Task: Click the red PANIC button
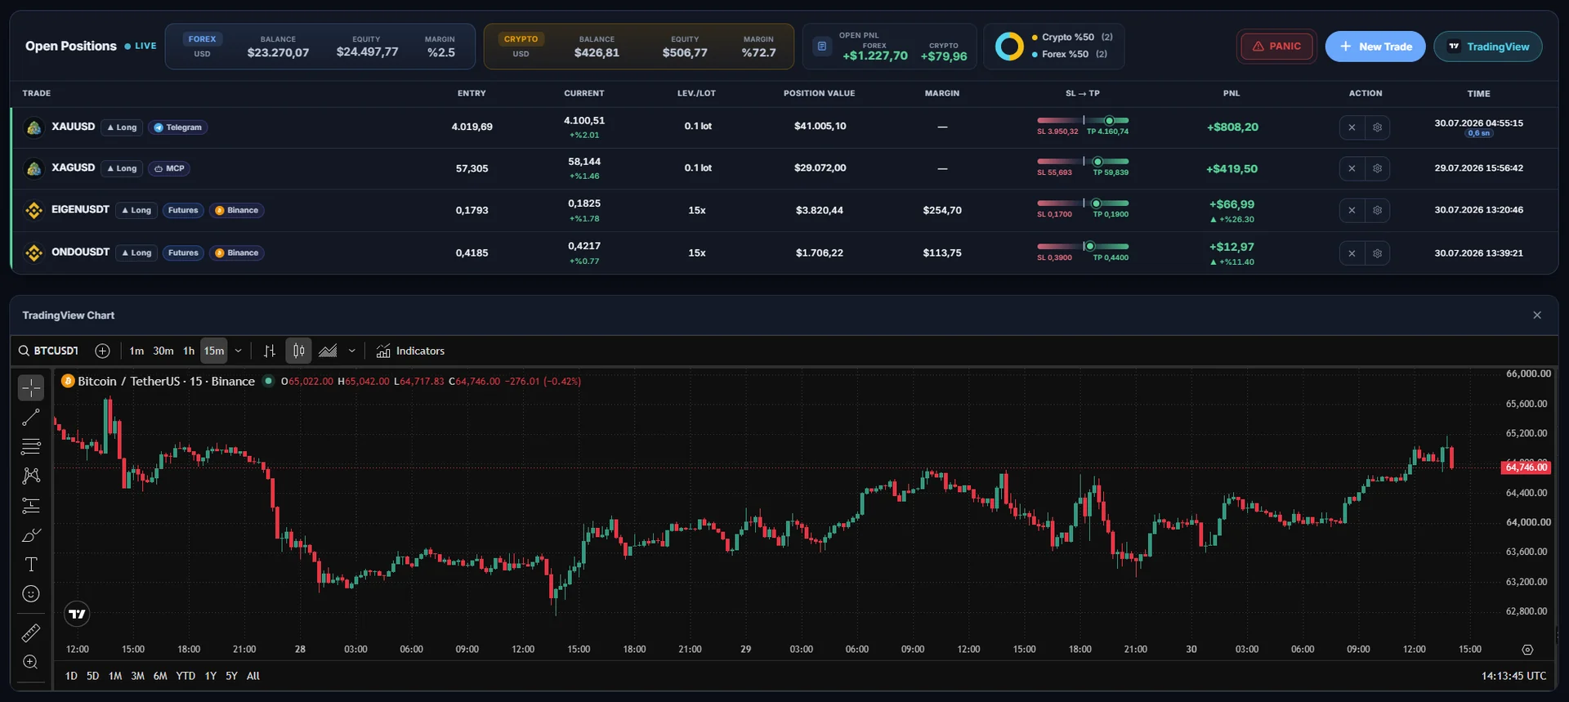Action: [x=1276, y=47]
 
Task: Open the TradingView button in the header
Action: [x=1488, y=47]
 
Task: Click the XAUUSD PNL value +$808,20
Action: [x=1232, y=127]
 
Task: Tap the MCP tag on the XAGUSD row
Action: [x=169, y=168]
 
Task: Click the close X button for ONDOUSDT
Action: [x=1352, y=253]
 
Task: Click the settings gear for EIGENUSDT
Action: [x=1377, y=211]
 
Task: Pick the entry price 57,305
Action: [x=472, y=168]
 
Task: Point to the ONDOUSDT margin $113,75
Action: [x=942, y=253]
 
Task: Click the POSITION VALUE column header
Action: [x=819, y=93]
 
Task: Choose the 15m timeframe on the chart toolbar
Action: [x=214, y=351]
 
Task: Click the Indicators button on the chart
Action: [x=410, y=351]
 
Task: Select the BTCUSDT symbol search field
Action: [x=49, y=351]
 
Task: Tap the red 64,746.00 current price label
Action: [x=1526, y=467]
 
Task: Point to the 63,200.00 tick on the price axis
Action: [x=1527, y=582]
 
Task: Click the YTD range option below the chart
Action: [x=186, y=676]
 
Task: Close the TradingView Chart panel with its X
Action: [x=1537, y=315]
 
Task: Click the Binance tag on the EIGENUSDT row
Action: [x=236, y=211]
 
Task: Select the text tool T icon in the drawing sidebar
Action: [x=31, y=565]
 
